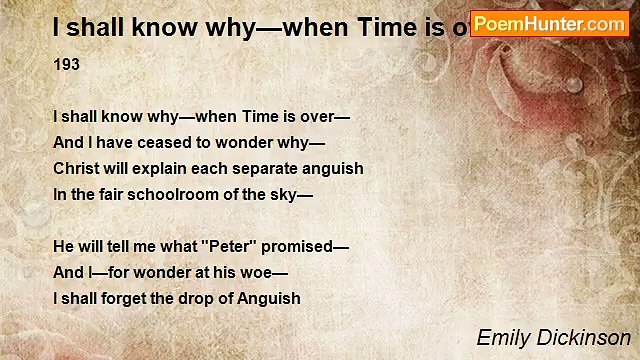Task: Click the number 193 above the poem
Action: [66, 64]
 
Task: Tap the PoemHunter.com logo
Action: [549, 23]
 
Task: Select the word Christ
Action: [75, 168]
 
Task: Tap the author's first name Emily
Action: [501, 337]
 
